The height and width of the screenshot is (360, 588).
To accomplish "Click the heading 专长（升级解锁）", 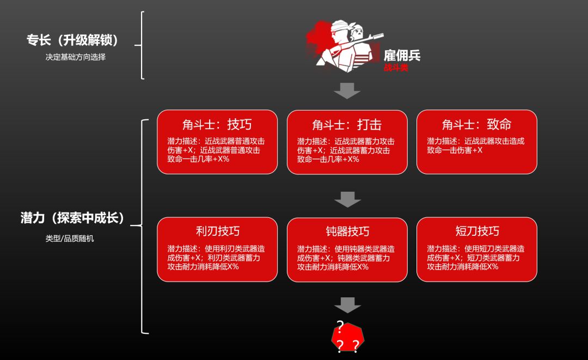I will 73,41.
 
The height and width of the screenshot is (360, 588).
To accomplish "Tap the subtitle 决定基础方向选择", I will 76,57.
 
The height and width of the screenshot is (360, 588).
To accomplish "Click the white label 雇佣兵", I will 402,55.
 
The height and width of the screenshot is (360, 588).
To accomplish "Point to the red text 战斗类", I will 396,68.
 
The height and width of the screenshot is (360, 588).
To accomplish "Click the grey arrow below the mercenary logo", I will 347,90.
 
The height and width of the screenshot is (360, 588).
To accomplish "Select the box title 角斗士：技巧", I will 217,125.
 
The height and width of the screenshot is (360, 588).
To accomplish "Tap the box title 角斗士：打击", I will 347,125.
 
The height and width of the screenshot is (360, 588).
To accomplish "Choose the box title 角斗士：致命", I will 476,125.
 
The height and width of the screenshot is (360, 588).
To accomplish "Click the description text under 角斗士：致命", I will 475,145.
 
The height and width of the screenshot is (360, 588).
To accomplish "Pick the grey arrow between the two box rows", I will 347,199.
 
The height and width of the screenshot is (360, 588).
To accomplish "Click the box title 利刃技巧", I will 217,231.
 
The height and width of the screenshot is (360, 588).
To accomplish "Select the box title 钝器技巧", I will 347,231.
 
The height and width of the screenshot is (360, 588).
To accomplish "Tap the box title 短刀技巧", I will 476,231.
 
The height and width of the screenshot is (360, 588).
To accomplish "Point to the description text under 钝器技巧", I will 346,258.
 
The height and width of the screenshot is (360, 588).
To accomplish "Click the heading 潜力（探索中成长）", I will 73,218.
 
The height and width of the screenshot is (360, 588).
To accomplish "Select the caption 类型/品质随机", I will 70,239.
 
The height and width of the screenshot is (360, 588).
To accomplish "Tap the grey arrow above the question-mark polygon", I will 347,305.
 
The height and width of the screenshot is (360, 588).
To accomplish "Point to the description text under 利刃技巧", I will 217,258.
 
